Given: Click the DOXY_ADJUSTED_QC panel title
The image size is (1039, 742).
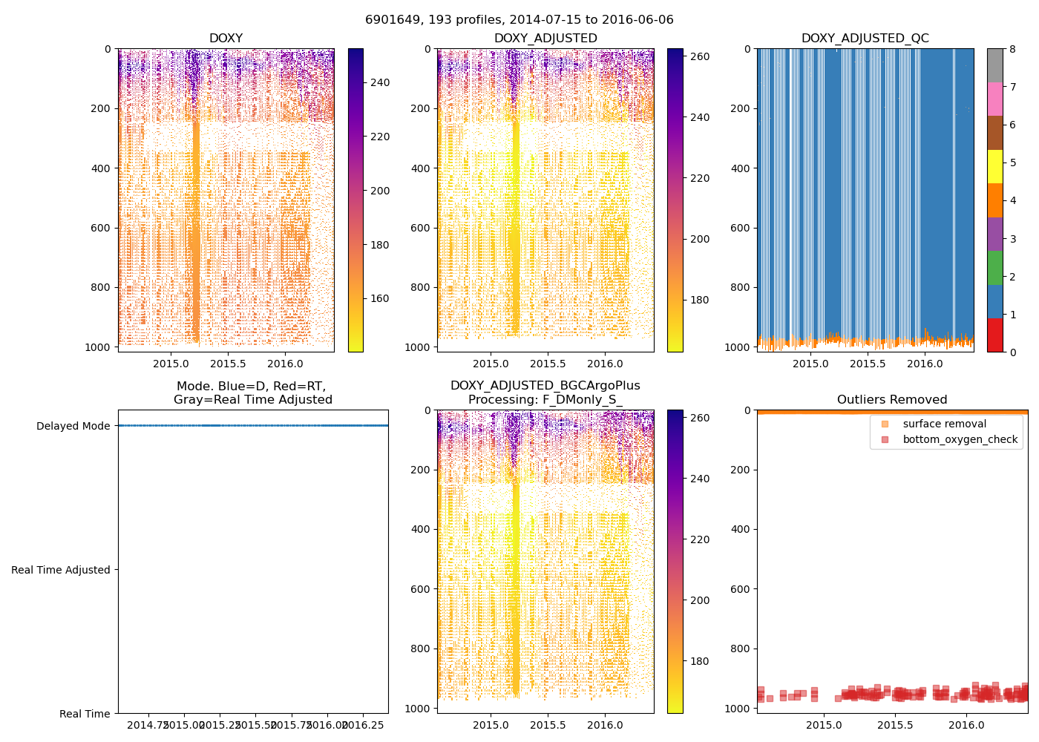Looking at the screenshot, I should coord(865,39).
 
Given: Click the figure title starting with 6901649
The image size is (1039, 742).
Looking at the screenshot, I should coord(519,20).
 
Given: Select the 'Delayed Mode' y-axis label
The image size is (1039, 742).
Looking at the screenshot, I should coord(73,426).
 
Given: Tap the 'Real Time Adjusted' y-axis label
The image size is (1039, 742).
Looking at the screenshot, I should coord(61,570).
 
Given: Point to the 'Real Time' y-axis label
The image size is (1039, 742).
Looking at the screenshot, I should coord(85,714).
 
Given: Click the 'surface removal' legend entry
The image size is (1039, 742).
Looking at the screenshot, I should coord(944,424).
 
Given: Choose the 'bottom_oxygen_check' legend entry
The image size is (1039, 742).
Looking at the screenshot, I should coord(960,439).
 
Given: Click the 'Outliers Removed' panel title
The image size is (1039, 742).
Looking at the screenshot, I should coord(892,400).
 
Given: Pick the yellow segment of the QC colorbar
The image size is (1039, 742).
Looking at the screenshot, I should coord(994,167).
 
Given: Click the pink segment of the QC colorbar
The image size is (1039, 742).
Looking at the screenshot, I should coord(994,99).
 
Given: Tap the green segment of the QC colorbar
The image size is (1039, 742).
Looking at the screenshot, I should coord(994,267).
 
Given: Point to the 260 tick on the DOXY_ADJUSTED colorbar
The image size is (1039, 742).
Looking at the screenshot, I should coord(700,56).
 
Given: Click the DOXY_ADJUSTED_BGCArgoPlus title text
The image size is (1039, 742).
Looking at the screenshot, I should coord(545,386).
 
